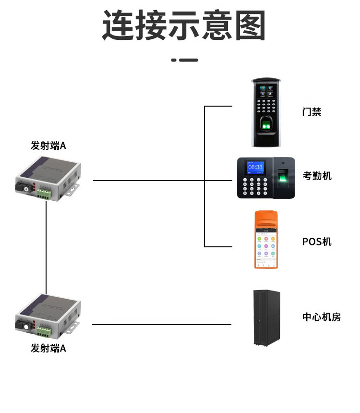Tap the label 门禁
click(312, 112)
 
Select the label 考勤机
click(317, 176)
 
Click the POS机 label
click(317, 241)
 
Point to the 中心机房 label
click(321, 317)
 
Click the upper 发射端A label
click(48, 146)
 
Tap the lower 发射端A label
click(48, 348)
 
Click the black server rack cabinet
click(267, 317)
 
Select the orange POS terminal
click(266, 240)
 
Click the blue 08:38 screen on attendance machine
click(255, 167)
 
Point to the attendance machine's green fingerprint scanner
click(283, 178)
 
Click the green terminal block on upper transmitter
click(45, 193)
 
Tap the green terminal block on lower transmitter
click(45, 331)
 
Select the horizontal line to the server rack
click(161, 325)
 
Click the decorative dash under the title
click(184, 60)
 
